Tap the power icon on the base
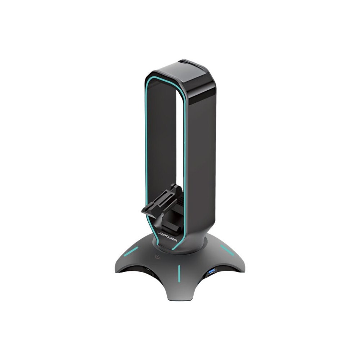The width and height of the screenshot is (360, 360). (x=157, y=257)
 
